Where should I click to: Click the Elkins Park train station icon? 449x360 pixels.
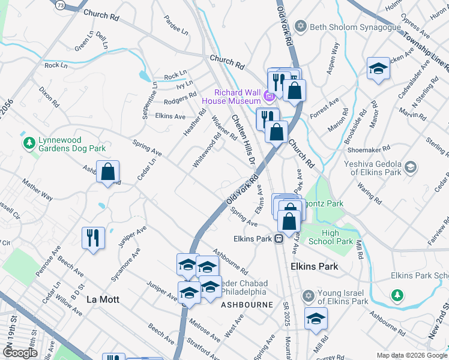pyautogui.click(x=279, y=239)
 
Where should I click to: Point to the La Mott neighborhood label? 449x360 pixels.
pyautogui.click(x=103, y=299)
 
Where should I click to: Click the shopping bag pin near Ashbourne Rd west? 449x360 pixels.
pyautogui.click(x=107, y=172)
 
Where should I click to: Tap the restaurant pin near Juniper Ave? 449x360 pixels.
pyautogui.click(x=93, y=238)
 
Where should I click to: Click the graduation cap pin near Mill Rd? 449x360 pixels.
pyautogui.click(x=316, y=319)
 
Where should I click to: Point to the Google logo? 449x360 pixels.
pyautogui.click(x=19, y=353)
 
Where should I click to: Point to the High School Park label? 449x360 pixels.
pyautogui.click(x=337, y=238)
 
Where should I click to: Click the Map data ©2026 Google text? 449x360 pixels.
pyautogui.click(x=412, y=355)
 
